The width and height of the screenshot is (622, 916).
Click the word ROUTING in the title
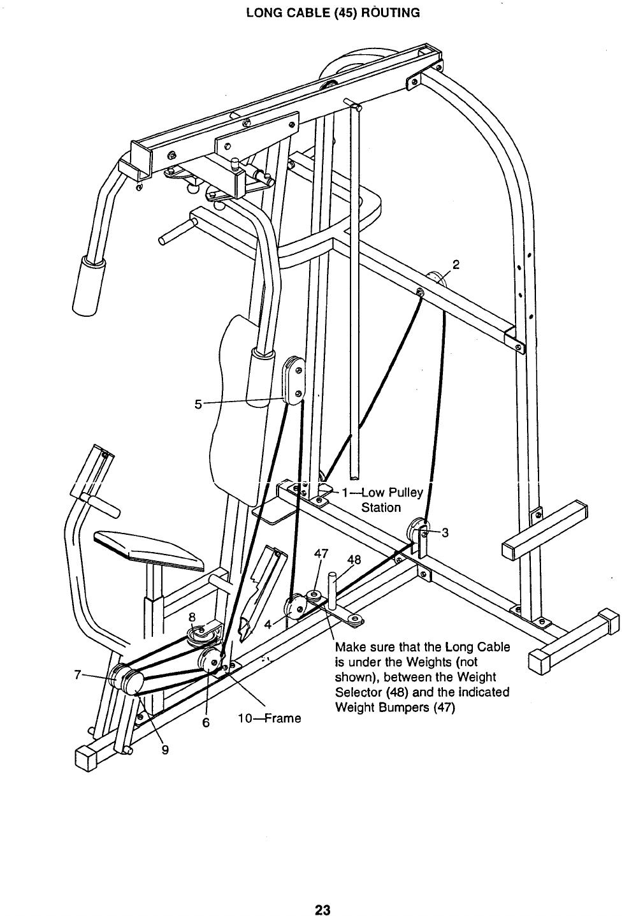point(388,13)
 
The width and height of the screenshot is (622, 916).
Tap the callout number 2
point(456,263)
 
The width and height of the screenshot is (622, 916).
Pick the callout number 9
point(164,750)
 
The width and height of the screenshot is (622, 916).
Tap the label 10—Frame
point(268,718)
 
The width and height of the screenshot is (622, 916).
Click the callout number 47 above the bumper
point(321,553)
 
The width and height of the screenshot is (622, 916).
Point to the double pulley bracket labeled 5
point(293,381)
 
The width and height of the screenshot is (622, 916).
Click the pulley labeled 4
point(295,607)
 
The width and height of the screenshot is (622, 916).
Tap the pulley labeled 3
point(416,531)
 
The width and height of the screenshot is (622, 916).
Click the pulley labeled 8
point(199,634)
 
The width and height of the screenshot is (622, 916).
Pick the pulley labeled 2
point(436,277)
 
